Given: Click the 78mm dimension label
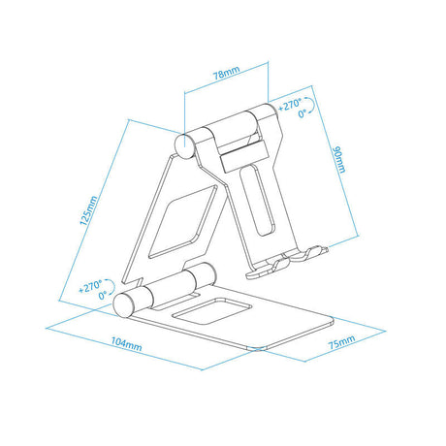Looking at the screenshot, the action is point(227,73).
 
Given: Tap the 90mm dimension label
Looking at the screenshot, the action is point(339,159).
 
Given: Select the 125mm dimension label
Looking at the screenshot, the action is point(88,210).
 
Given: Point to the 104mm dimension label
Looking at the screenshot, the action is point(126,344).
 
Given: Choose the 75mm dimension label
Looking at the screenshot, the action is point(341,342).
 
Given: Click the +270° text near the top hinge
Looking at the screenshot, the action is point(290,105).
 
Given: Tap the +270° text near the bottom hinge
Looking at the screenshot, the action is point(90,286).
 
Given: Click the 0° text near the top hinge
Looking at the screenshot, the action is point(303,113).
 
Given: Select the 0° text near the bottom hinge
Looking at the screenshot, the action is point(103,295).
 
